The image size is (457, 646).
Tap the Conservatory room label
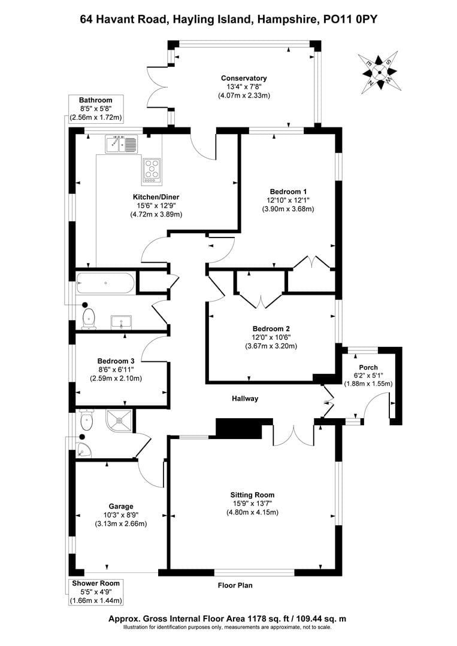pos(243,78)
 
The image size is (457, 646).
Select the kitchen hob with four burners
pos(151,170)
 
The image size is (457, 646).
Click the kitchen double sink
pos(122,144)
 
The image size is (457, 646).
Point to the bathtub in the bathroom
pos(105,283)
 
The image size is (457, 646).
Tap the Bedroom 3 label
pos(116,361)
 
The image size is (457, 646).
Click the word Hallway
pos(245,399)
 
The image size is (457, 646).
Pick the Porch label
pos(367,367)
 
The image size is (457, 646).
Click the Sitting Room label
pos(252,495)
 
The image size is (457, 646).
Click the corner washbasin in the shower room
pos(83,449)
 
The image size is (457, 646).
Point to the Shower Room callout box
pos(96,592)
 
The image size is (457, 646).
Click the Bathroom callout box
pos(96,109)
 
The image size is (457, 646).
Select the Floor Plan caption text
pos(234,586)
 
